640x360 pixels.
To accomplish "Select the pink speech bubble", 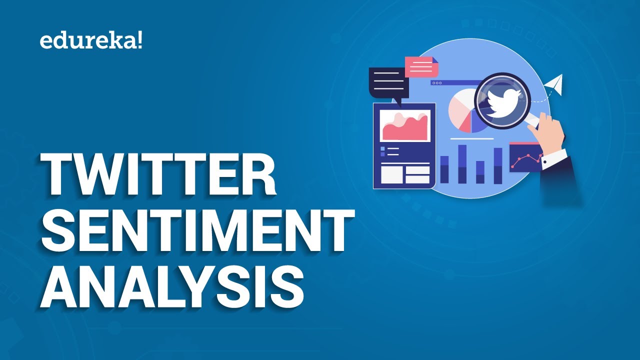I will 421,66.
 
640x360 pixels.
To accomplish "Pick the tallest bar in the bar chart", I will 462,164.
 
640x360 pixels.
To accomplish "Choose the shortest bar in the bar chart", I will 480,172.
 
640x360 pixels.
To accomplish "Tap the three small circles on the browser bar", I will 436,83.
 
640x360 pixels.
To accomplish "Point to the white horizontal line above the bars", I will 471,138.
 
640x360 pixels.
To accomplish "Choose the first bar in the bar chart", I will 444,169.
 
